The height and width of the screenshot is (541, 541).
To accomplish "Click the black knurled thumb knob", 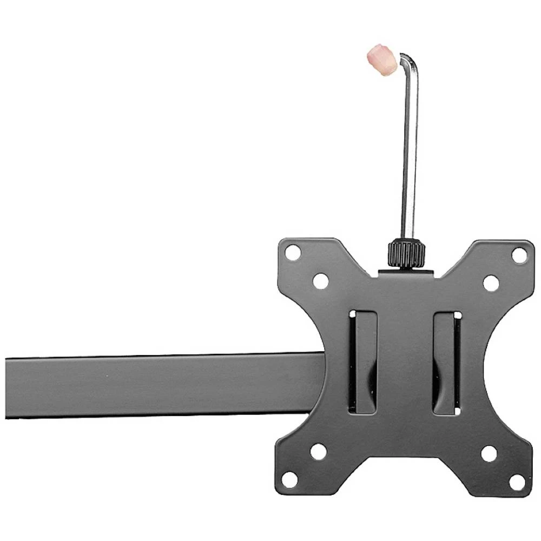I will click(406, 253).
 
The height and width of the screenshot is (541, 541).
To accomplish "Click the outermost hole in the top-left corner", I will click(293, 252).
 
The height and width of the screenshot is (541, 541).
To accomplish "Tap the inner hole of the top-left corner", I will click(320, 281).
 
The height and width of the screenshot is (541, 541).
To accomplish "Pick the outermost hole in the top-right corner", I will click(519, 255).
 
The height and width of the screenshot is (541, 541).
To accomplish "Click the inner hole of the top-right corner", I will click(491, 283).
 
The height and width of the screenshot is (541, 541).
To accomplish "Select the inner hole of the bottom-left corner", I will click(319, 451).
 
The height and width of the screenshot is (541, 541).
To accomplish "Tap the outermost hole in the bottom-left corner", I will click(290, 479).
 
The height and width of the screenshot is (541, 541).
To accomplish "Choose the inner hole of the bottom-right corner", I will click(489, 453).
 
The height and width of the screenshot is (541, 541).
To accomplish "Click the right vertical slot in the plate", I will click(447, 362).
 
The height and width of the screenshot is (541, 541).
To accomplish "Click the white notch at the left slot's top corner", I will click(353, 314).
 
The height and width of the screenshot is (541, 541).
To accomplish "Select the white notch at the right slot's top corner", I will click(458, 315).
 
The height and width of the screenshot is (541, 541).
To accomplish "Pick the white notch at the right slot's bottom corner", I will click(457, 411).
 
